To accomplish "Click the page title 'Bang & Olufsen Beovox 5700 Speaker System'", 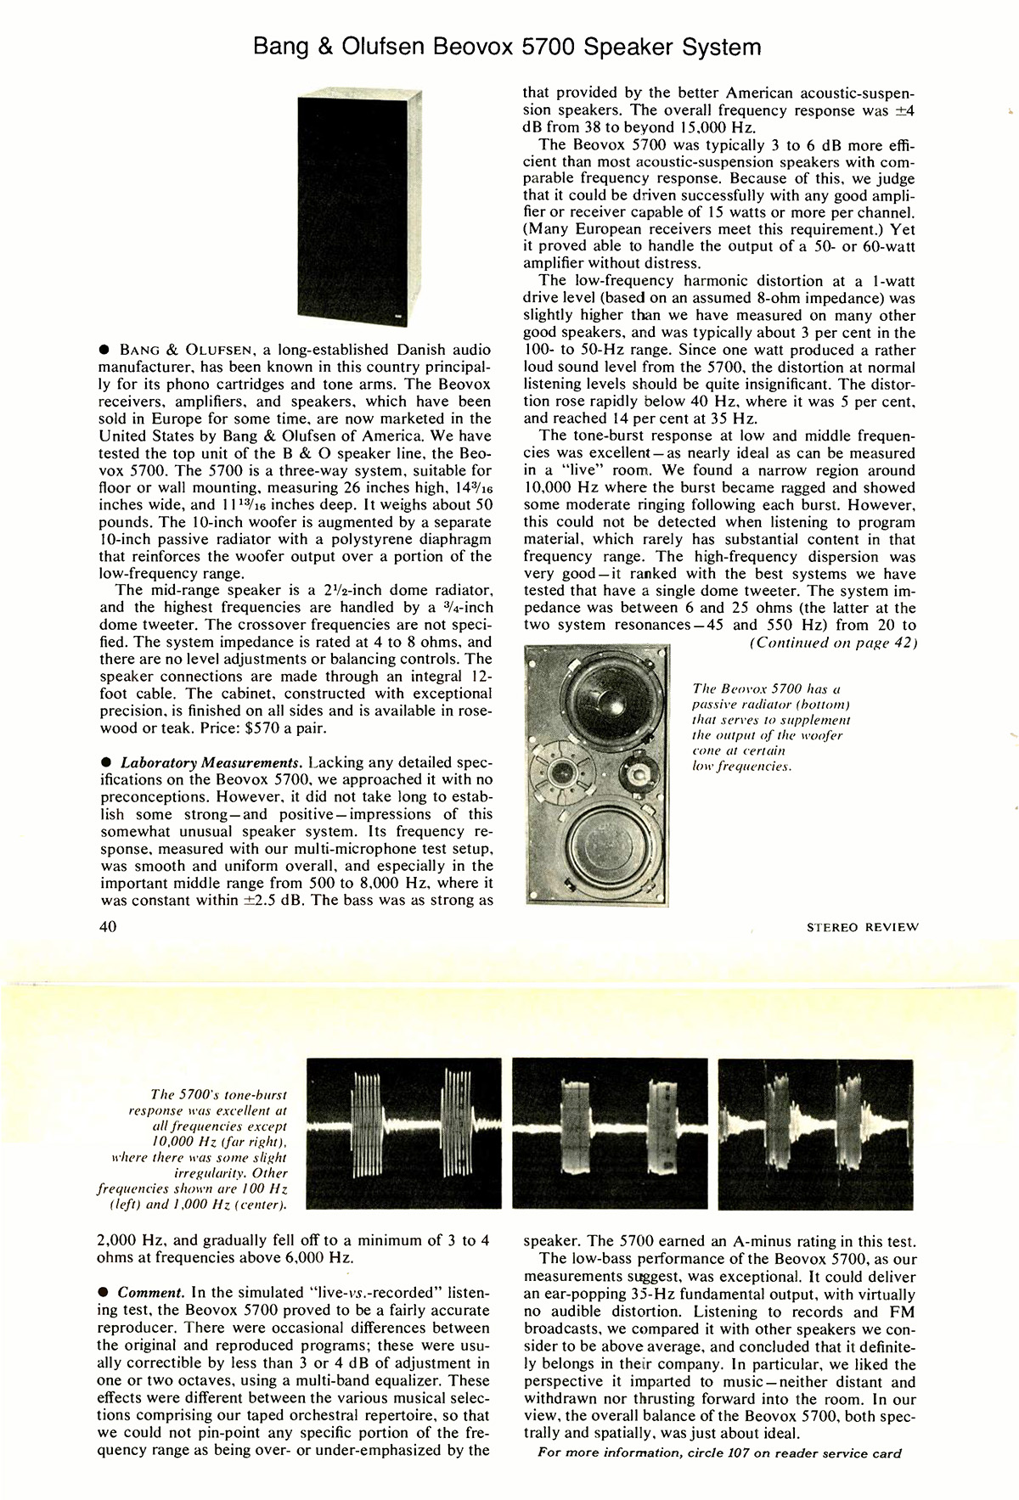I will (x=508, y=47).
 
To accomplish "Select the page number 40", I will (x=107, y=926).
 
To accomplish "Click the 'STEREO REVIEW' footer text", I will (x=862, y=927).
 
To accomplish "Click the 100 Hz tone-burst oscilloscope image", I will (x=407, y=1132).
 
